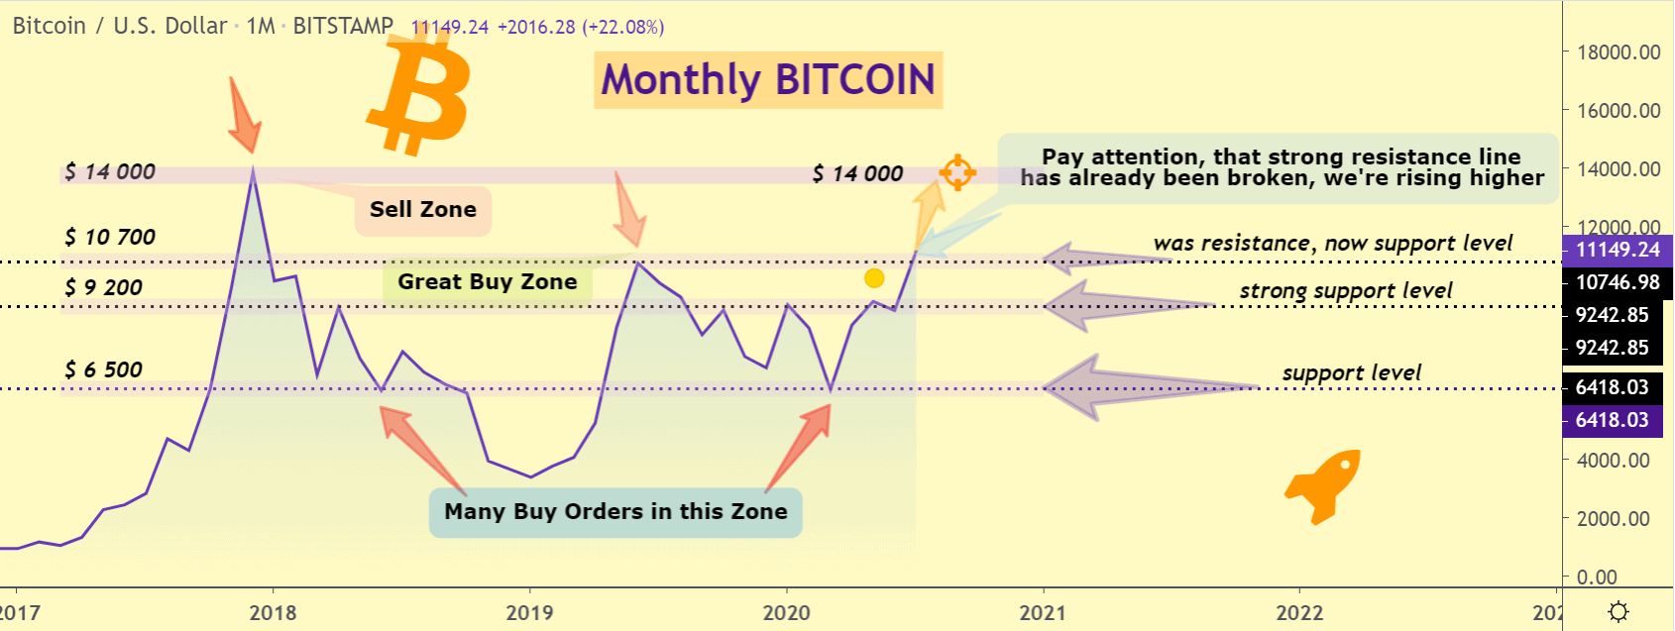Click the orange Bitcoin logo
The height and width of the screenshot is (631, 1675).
[419, 91]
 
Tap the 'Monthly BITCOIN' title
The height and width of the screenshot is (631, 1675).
[768, 80]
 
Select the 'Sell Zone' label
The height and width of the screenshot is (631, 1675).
[423, 210]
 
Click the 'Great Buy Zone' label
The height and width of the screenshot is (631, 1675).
[487, 282]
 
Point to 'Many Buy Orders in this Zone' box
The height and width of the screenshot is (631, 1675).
[615, 512]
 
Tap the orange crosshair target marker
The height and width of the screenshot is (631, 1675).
[957, 172]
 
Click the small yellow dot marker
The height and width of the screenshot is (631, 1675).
[874, 278]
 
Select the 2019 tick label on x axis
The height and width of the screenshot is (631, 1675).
[529, 612]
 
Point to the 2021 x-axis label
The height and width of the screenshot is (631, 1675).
[1043, 612]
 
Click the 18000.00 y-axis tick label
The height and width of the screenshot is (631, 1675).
[1619, 53]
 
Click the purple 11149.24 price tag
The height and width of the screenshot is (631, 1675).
[1617, 251]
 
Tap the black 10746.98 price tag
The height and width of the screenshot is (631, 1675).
[1617, 282]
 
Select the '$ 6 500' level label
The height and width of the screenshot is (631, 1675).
[104, 370]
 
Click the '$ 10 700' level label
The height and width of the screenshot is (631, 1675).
[110, 238]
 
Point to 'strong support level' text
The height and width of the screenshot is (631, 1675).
[1345, 291]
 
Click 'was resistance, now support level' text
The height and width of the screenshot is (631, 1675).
[1332, 244]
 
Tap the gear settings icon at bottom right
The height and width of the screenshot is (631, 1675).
[1619, 612]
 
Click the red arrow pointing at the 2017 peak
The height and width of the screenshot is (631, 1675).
[244, 115]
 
